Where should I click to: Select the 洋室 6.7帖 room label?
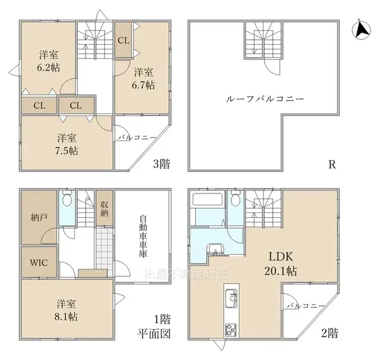[143, 79]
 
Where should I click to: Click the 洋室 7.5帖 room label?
[67, 142]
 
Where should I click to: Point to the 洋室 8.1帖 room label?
[66, 309]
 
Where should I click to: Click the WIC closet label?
[39, 262]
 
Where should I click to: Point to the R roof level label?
[332, 164]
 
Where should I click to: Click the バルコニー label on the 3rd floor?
[136, 137]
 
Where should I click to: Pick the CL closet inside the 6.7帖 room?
[124, 40]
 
